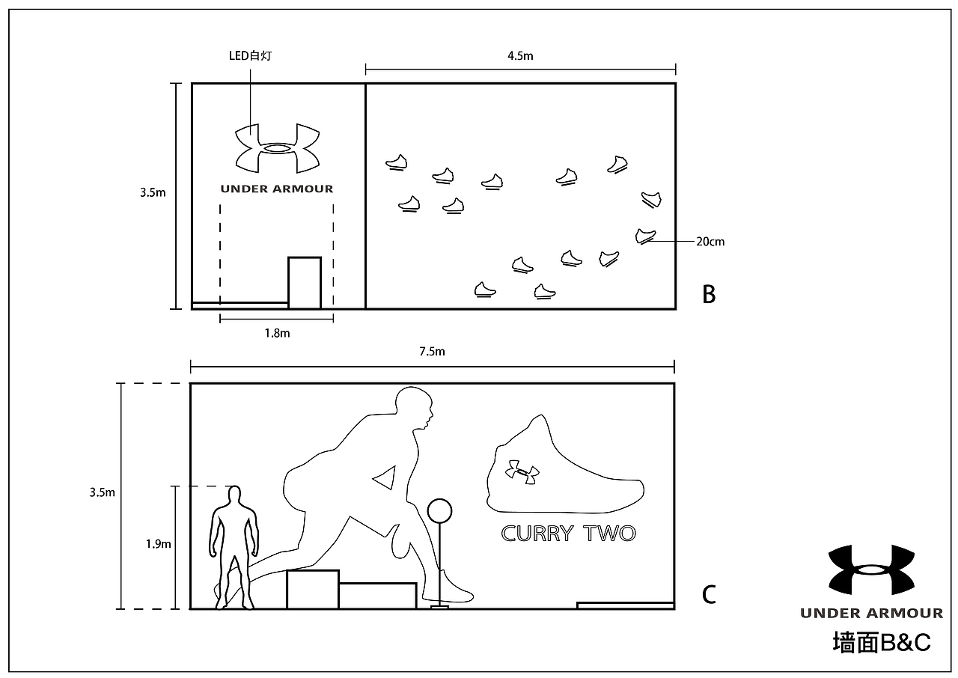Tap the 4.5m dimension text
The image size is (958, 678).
pyautogui.click(x=520, y=55)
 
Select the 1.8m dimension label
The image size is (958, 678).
pyautogui.click(x=276, y=333)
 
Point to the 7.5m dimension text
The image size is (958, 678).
pyautogui.click(x=432, y=352)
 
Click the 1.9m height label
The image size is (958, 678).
pyautogui.click(x=159, y=544)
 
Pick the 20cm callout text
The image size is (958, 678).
pyautogui.click(x=710, y=242)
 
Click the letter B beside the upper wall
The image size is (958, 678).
pyautogui.click(x=709, y=295)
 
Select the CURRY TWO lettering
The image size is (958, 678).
pyautogui.click(x=568, y=534)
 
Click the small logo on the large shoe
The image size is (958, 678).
pyautogui.click(x=522, y=472)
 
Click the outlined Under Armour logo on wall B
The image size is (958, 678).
pyautogui.click(x=277, y=147)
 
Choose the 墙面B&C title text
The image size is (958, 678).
pyautogui.click(x=881, y=643)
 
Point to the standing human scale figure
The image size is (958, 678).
pyautogui.click(x=234, y=546)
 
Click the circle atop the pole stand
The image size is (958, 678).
pyautogui.click(x=439, y=512)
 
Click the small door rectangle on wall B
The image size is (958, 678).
pyautogui.click(x=305, y=283)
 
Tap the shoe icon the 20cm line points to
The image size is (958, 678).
pyautogui.click(x=645, y=236)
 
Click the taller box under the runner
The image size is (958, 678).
pyautogui.click(x=313, y=589)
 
